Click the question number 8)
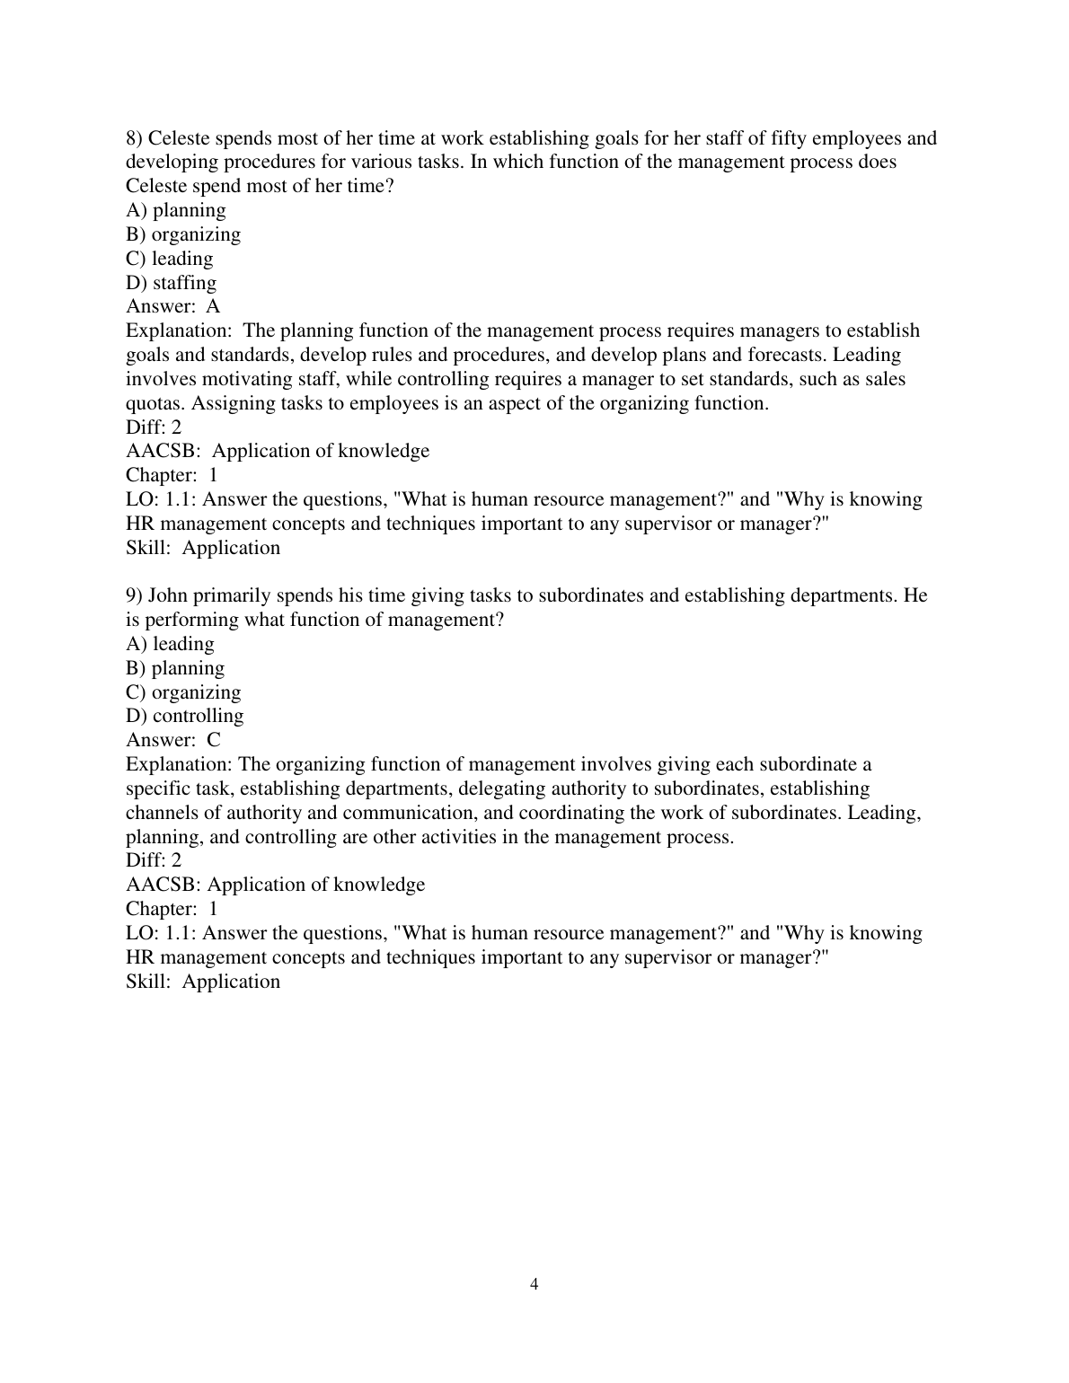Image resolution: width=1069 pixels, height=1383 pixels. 134,138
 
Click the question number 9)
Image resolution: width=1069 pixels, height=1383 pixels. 134,595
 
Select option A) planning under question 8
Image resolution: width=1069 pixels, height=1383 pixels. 176,210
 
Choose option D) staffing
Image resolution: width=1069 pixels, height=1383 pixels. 172,283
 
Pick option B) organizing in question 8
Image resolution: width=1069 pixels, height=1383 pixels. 183,234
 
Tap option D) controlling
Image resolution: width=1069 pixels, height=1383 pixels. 184,716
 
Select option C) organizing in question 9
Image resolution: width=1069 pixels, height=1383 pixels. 183,692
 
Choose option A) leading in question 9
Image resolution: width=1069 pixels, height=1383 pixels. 170,644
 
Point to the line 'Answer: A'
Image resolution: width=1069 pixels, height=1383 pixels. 172,307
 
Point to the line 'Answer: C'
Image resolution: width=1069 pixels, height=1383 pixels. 172,740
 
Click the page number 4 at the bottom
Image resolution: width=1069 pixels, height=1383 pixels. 534,1284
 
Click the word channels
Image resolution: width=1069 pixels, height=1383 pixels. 162,813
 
